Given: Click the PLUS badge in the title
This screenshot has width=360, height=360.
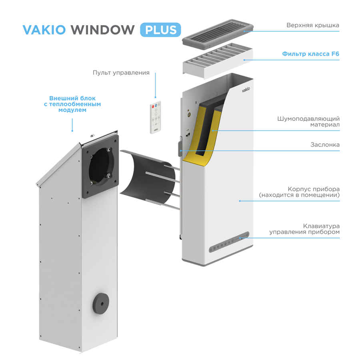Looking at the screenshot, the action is click(160, 30).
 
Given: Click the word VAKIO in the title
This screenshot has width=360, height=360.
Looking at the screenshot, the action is click(44, 30).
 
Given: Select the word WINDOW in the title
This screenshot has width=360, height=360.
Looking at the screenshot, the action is click(103, 30).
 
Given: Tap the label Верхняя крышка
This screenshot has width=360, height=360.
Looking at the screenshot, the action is click(313, 25).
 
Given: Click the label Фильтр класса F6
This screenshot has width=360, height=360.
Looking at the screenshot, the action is click(311, 54).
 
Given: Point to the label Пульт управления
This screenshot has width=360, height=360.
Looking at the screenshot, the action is click(121, 73).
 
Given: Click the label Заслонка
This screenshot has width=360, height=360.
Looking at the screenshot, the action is click(325, 145).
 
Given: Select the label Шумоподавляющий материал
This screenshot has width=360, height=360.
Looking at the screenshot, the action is click(308, 122).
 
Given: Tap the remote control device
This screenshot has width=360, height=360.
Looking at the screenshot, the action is click(156, 117).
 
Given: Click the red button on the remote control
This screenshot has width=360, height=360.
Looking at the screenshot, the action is click(153, 106).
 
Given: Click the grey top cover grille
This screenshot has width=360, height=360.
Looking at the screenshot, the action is click(218, 34).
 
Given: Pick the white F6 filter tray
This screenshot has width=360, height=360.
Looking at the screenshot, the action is click(218, 61).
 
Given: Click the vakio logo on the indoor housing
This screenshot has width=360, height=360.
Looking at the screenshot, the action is click(246, 90).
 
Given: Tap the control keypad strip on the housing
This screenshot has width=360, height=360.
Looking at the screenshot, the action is click(229, 242).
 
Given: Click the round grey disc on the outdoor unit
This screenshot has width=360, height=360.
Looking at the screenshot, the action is click(101, 304).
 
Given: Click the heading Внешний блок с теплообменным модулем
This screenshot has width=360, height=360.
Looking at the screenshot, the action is click(72, 104).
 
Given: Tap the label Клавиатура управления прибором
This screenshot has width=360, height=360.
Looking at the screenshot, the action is click(304, 229).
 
